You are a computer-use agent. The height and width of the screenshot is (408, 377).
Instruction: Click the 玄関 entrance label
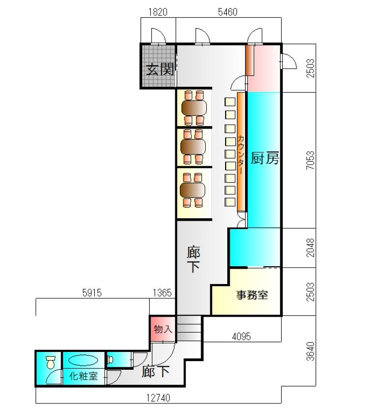[x=159, y=69]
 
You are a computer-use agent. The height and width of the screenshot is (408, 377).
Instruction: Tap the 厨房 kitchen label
[x=265, y=158]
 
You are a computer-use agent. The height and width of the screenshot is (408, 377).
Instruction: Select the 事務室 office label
[x=252, y=295]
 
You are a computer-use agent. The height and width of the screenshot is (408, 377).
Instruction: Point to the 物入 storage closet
[x=163, y=329]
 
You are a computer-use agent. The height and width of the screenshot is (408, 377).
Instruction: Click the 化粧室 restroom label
[x=84, y=376]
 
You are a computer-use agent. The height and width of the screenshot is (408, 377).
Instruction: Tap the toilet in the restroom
[x=51, y=362]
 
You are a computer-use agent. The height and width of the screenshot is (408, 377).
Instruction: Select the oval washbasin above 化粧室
[x=83, y=361]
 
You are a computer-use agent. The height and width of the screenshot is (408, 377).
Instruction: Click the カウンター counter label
[x=241, y=155]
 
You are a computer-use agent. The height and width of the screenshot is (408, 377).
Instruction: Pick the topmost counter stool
[x=230, y=101]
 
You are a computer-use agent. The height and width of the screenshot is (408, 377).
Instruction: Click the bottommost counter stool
[x=230, y=202]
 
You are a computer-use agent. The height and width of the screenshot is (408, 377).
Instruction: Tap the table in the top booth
[x=194, y=108]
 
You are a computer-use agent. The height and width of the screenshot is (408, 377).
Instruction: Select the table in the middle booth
[x=193, y=147]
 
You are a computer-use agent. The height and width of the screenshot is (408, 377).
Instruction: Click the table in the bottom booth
[x=193, y=190]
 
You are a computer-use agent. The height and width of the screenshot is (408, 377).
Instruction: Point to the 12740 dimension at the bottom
[x=158, y=398]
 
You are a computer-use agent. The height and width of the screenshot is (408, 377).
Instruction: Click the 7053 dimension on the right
[x=310, y=160]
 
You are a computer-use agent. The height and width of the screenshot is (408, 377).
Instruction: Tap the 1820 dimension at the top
[x=158, y=12]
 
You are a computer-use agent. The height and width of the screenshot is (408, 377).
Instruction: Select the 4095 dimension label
[x=241, y=337]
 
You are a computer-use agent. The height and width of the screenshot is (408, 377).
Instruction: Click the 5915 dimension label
[x=92, y=293]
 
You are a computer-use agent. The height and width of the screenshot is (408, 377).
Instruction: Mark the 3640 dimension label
[x=310, y=351]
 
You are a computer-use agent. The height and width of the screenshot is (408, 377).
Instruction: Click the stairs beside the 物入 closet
[x=189, y=328]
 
